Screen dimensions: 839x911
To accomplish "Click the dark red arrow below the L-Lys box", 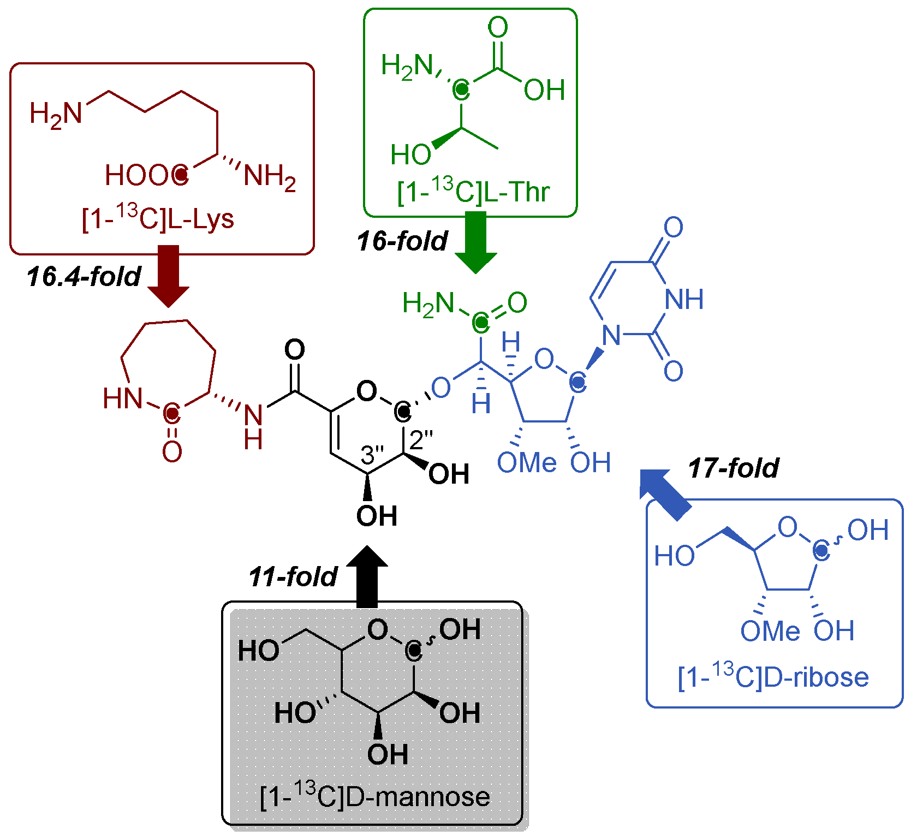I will coord(169,276).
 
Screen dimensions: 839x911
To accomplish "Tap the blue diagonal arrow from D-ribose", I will coord(665,493).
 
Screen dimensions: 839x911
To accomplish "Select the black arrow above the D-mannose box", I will coord(367,576).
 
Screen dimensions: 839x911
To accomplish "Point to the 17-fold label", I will coord(733,468).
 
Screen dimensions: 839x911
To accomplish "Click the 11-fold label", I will coord(293,577).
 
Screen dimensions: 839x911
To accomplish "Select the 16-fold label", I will coord(402,241).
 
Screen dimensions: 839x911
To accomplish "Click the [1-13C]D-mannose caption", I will coord(374,796).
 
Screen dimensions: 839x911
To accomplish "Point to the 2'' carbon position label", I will coord(421,440).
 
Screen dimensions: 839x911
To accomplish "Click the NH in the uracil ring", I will coord(684,299).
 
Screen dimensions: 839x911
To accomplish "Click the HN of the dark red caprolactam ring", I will coord(122,398).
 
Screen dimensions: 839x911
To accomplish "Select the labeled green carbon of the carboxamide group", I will coord(480,323).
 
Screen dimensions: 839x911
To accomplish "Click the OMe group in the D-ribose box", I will coord(770,631).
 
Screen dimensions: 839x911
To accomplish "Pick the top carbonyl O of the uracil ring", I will coord(673,227).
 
